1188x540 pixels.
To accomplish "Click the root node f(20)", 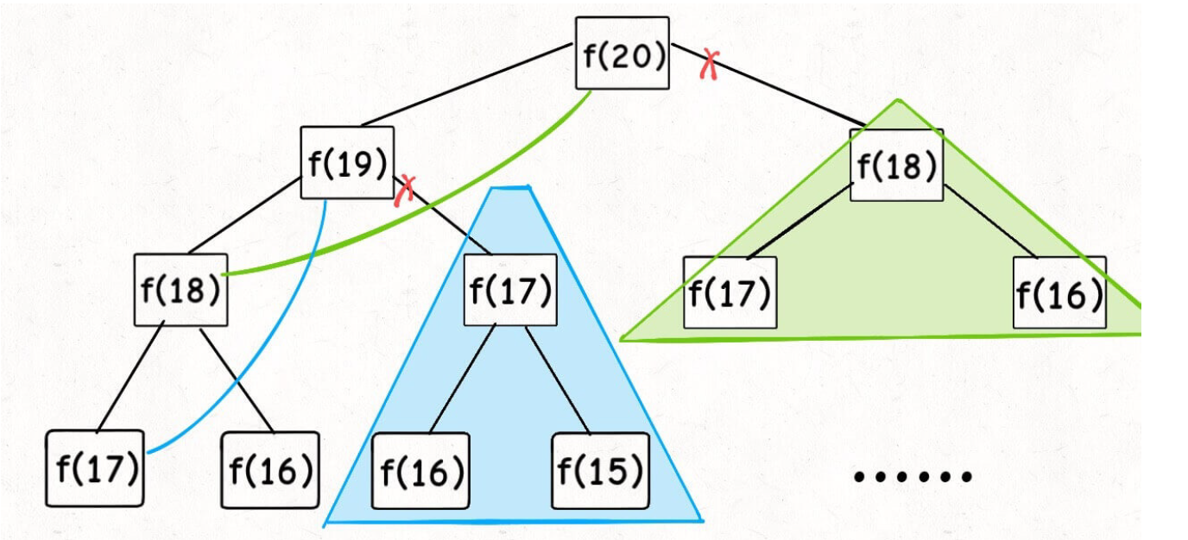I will [622, 53].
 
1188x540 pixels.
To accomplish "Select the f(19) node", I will [347, 163].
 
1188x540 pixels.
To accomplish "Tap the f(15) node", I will [600, 471].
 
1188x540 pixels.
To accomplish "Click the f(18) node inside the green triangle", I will [896, 165].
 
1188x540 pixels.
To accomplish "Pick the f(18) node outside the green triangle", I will [181, 290].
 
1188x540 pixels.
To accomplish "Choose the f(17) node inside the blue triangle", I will [510, 290].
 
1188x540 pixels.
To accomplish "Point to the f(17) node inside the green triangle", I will [730, 292].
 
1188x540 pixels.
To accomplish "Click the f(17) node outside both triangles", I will [94, 468].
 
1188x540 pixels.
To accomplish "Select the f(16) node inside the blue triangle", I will [420, 471].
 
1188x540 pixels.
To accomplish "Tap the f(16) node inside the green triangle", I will [1059, 292].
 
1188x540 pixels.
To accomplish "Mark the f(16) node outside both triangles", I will [269, 470].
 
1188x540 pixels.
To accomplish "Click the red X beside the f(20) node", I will [710, 64].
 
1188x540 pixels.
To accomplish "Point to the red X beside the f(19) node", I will [404, 190].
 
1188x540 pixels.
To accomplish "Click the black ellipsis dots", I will [913, 475].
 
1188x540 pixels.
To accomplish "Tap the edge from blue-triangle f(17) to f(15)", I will [557, 380].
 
